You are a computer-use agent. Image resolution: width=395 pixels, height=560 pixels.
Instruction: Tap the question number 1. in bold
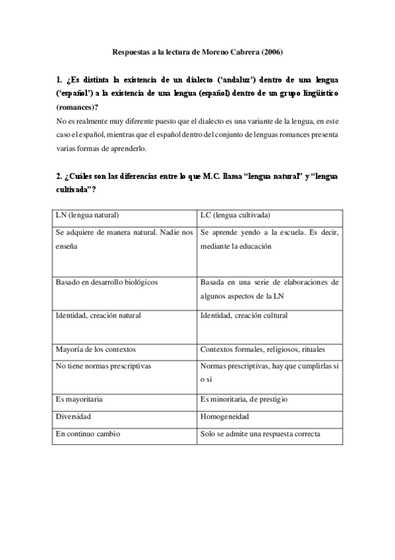click(59, 81)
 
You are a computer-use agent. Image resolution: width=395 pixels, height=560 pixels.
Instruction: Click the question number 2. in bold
click(59, 177)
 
